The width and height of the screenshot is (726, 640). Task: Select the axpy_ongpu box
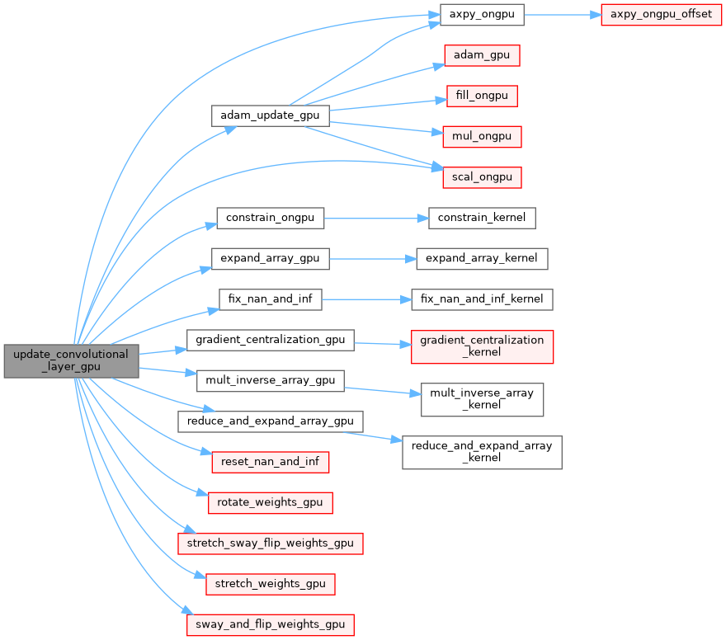(482, 15)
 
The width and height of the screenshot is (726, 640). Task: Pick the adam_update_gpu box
(271, 115)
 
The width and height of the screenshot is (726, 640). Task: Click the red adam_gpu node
(483, 55)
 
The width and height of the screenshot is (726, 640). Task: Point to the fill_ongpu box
(482, 96)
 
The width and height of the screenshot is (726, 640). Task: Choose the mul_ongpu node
(483, 136)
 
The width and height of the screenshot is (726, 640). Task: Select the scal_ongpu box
(483, 176)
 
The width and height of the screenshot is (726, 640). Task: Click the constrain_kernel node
(483, 218)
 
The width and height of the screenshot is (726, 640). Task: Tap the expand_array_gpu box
(271, 258)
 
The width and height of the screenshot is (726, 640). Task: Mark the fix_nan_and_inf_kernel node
(482, 299)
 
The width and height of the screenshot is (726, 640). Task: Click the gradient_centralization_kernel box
(483, 346)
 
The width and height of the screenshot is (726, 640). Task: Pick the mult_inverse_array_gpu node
(271, 380)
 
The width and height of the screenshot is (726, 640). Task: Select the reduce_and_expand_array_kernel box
(482, 452)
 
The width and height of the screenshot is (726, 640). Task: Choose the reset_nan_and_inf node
(271, 461)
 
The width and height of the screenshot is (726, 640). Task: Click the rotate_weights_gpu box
(271, 501)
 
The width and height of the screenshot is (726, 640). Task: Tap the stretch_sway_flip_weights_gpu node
(271, 543)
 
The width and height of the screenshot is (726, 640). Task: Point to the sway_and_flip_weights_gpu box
(271, 624)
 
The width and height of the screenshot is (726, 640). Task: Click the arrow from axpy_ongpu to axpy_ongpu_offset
(562, 15)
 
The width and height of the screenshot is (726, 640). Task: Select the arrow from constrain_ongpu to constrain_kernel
(375, 219)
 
